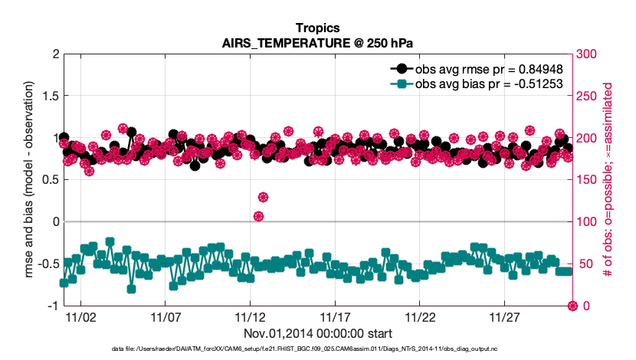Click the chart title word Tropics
(x=317, y=28)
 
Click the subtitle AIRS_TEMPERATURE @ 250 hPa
(x=317, y=43)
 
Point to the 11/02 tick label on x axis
(x=80, y=316)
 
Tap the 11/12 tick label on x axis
(x=250, y=316)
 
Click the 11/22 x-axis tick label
(x=420, y=316)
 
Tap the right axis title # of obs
(x=609, y=180)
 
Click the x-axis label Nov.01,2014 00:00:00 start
(x=317, y=333)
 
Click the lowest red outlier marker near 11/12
(x=259, y=217)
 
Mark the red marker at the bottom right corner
(x=572, y=306)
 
